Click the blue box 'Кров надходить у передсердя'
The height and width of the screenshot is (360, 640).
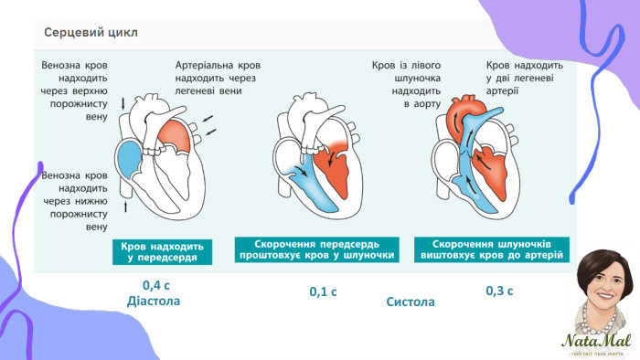tap(161, 252)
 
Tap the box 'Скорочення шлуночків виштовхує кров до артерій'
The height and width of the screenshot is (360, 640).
tap(487, 249)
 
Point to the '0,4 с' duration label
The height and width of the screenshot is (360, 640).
tap(156, 284)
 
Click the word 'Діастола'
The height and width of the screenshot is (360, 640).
tap(161, 301)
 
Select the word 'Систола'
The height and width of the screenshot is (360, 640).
tap(411, 301)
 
